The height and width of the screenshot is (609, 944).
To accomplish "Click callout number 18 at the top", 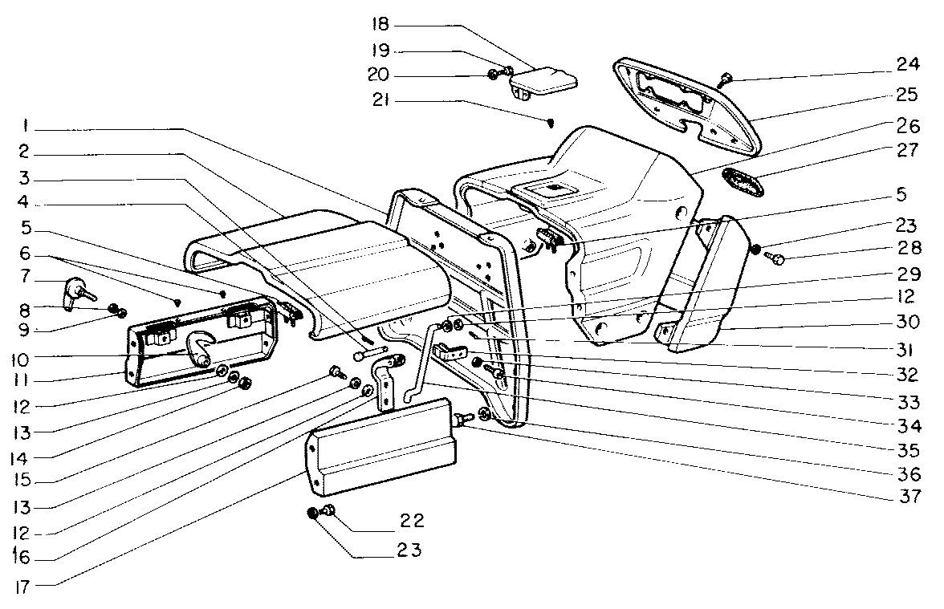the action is click(380, 25).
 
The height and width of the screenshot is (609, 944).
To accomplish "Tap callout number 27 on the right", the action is click(907, 150).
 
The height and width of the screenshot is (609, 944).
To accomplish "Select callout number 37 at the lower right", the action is click(909, 497).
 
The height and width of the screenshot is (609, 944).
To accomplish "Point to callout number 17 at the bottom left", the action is click(22, 587).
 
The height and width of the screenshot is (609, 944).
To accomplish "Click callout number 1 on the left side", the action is click(26, 127).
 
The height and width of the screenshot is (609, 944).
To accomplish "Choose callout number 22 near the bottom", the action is click(413, 520).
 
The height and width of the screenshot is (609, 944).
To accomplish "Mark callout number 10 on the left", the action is click(20, 359).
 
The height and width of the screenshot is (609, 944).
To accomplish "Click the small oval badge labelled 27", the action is click(743, 182).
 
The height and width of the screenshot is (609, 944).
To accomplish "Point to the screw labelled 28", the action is click(777, 260).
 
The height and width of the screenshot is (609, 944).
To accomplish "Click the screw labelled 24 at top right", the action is click(725, 79).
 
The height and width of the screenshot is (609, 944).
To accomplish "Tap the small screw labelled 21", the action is click(551, 124).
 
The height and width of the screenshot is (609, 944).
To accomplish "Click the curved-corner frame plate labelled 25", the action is click(686, 107).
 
